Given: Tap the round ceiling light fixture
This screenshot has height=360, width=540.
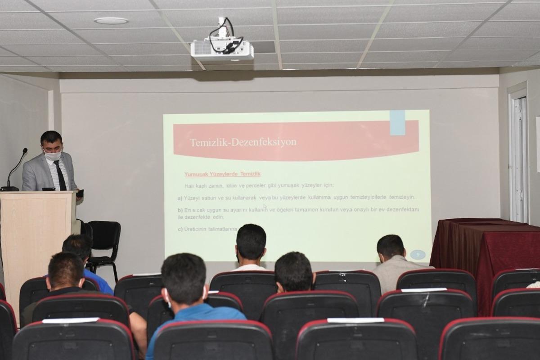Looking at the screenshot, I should coord(111,21).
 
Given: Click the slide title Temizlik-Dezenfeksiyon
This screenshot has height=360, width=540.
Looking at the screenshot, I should coord(243,142).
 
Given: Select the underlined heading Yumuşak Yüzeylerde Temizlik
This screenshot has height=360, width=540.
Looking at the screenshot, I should coord(222,174).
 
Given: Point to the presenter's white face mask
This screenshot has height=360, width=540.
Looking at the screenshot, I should coord(53,156).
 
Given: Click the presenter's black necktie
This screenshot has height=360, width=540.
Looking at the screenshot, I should coord(60,175).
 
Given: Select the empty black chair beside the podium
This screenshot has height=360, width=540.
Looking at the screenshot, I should coord(104,243).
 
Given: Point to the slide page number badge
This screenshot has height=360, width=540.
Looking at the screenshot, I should coord(418,255).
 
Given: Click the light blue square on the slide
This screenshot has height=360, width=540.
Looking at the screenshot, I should coord(397,122).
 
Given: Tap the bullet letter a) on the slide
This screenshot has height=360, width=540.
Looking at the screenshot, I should coord(180,198).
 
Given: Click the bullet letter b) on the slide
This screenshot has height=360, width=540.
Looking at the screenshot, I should coord(180,210).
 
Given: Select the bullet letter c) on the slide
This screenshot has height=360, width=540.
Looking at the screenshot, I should coord(180,229).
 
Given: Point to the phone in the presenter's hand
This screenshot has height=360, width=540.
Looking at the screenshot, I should coord(80,193).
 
